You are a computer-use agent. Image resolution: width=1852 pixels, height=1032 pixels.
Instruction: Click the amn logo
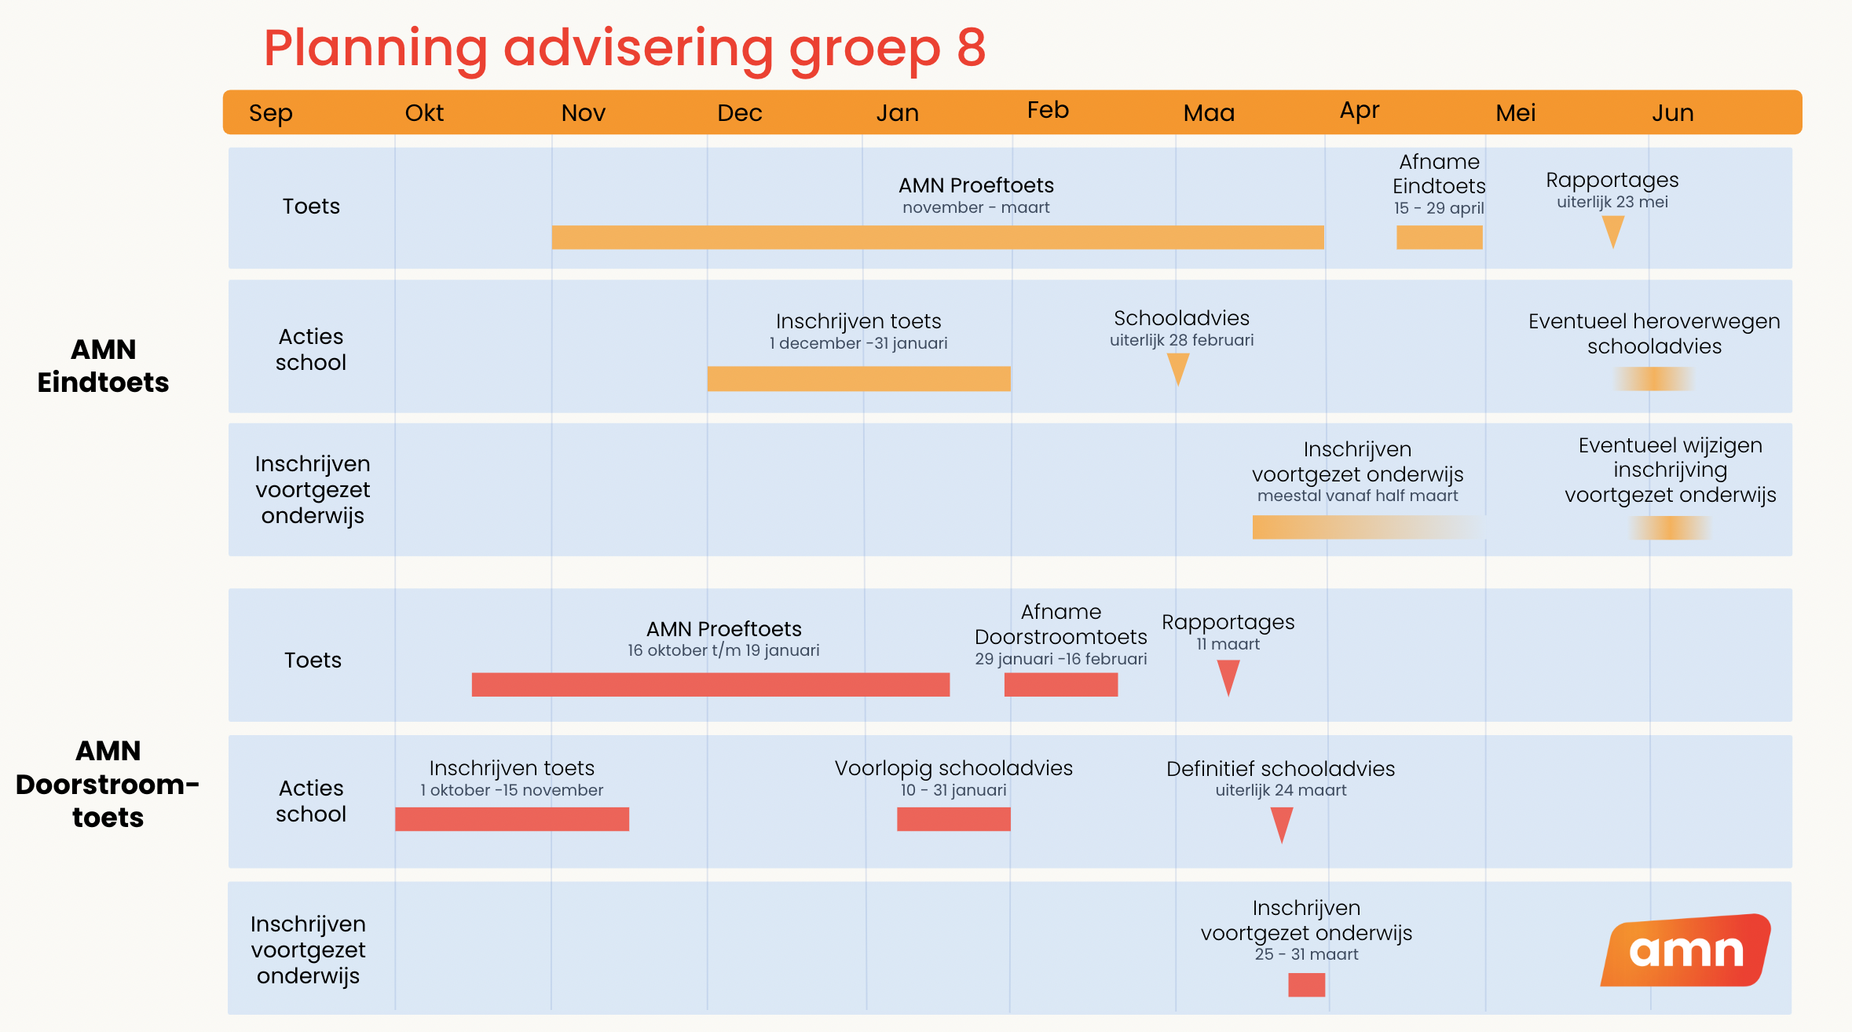click(x=1685, y=950)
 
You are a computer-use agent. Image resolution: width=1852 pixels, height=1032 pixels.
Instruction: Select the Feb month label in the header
click(x=1048, y=110)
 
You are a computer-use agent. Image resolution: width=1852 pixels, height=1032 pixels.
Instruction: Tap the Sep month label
click(x=270, y=113)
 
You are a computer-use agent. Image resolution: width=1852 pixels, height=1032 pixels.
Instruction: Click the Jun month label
click(x=1672, y=113)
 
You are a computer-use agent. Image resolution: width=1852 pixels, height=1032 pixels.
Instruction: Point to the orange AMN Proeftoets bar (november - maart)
click(x=937, y=237)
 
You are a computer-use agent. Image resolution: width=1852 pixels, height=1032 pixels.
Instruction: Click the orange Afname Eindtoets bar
click(x=1439, y=237)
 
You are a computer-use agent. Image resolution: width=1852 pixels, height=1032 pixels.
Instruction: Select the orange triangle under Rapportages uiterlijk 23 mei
click(x=1612, y=230)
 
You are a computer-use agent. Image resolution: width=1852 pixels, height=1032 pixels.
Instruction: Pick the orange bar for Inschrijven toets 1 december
click(x=858, y=379)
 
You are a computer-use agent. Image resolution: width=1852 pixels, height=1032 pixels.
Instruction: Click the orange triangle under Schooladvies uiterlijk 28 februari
click(x=1177, y=367)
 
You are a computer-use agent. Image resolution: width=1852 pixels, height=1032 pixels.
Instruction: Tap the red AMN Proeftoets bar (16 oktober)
click(x=710, y=684)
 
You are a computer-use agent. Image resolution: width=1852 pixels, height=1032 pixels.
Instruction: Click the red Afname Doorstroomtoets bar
click(x=1060, y=684)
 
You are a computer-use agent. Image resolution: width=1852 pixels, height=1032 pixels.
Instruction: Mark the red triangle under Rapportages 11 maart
click(x=1228, y=675)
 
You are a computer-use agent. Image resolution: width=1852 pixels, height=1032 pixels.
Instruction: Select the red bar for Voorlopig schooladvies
click(x=953, y=819)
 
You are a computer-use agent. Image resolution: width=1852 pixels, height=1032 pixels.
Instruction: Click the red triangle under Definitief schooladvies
click(x=1281, y=822)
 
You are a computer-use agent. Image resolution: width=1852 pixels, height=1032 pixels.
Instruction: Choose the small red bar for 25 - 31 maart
click(x=1306, y=984)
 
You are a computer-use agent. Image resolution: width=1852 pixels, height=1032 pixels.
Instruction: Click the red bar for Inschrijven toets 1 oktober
click(x=511, y=819)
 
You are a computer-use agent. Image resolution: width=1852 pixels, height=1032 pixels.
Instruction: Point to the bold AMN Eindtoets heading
click(x=103, y=365)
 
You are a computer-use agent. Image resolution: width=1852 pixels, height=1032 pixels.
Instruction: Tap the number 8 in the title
click(x=971, y=48)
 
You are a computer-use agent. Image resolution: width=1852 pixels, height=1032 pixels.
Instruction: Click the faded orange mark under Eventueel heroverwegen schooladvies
click(x=1653, y=379)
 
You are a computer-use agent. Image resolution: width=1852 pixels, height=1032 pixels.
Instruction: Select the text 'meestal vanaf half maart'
click(x=1357, y=496)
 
